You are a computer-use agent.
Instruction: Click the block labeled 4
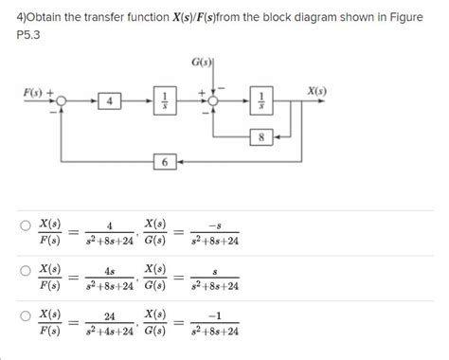(111, 99)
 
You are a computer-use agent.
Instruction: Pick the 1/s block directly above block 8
(261, 99)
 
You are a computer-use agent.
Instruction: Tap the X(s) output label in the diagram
(316, 91)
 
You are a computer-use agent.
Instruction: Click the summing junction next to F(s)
(63, 99)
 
